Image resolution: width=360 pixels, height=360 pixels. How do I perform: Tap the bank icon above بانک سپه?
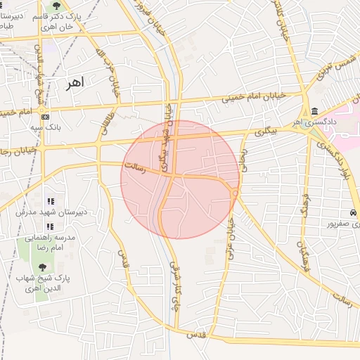click(46, 116)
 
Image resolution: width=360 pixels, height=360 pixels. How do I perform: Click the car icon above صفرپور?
click(351, 213)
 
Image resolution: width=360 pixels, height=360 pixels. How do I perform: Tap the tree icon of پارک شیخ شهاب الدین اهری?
click(41, 267)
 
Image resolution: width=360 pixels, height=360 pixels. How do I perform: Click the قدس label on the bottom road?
click(196, 335)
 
